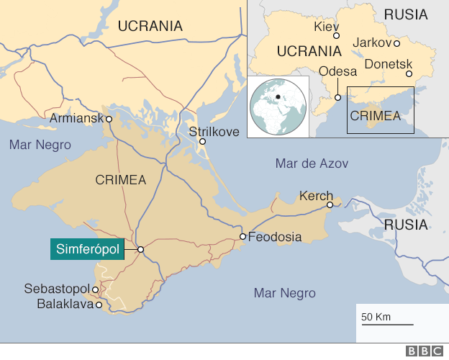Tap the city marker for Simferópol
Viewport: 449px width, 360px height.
click(141, 250)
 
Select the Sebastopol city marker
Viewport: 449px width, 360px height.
click(95, 289)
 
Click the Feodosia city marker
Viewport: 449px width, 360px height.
click(243, 237)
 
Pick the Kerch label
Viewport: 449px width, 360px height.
click(316, 195)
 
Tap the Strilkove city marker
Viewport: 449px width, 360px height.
click(203, 142)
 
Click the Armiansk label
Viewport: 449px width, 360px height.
click(78, 117)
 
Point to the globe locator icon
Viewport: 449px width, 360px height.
click(278, 105)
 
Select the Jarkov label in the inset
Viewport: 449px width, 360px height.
click(371, 42)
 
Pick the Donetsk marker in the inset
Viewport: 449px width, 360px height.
click(409, 73)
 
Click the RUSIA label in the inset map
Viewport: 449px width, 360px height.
click(405, 14)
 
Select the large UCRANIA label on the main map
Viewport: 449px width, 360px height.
click(150, 26)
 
